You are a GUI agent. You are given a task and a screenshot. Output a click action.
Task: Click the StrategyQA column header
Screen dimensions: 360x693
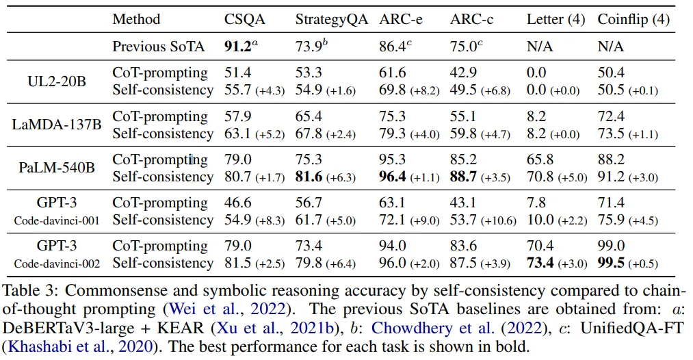[331, 19]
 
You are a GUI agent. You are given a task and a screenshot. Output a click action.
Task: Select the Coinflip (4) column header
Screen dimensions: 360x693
[633, 19]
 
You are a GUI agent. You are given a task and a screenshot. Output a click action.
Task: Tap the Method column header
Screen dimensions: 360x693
[136, 19]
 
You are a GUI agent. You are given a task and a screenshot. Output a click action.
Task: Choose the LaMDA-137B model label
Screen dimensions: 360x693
[57, 125]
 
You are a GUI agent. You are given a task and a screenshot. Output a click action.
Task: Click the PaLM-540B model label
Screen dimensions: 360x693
[57, 168]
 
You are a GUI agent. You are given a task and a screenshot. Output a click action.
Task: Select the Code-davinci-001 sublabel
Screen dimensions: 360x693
[57, 220]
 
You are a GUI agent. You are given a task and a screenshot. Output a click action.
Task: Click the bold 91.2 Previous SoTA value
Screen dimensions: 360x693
[239, 47]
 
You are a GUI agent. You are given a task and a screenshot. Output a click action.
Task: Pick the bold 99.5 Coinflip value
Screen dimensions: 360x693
[611, 263]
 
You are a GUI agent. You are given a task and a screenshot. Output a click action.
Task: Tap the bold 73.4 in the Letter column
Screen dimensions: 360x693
[540, 263]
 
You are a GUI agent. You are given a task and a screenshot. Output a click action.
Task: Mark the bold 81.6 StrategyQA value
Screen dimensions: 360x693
[309, 177]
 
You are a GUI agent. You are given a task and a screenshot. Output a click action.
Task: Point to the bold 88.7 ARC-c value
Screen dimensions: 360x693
[463, 177]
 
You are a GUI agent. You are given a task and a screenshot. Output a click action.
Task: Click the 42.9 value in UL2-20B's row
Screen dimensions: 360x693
[462, 73]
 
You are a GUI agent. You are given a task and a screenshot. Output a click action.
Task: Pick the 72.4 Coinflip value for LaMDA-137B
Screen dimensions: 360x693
[611, 116]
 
